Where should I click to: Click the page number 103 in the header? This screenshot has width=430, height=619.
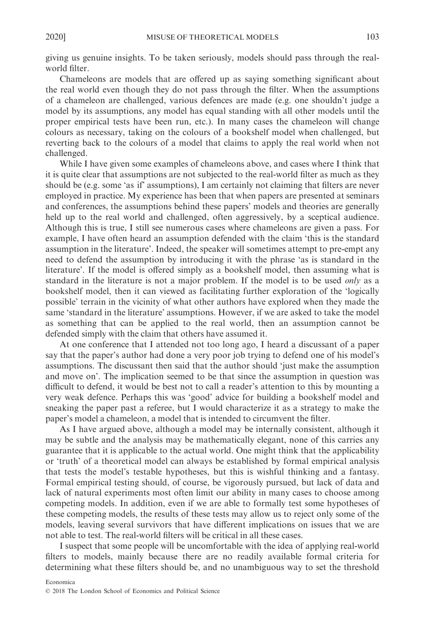[x=372, y=37]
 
